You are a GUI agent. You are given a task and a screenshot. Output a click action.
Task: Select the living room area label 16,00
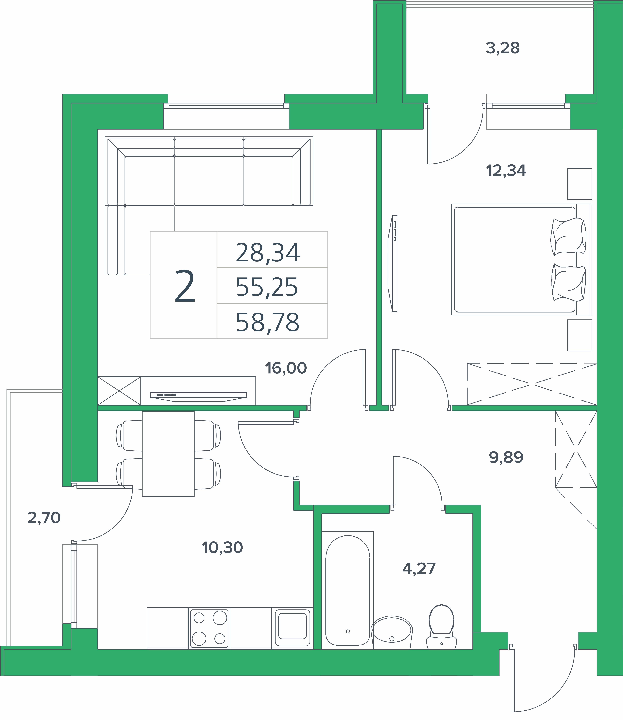point(286,368)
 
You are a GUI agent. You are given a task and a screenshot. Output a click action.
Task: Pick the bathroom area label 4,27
point(419,569)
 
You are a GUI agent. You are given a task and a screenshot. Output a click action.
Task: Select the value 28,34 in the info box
point(268,253)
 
